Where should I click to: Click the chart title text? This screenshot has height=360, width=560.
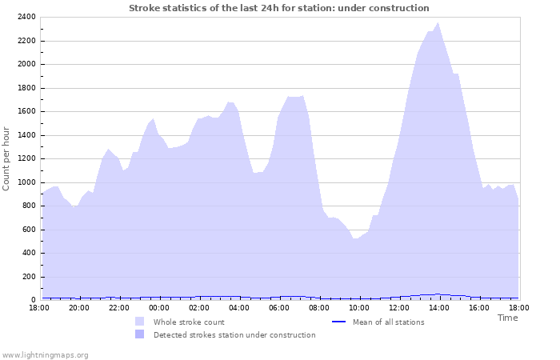pyautogui.click(x=279, y=8)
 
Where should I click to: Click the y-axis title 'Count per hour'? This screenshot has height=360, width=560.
pyautogui.click(x=7, y=158)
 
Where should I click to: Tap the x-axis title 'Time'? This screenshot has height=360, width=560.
pyautogui.click(x=507, y=318)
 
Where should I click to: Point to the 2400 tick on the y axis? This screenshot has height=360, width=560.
pyautogui.click(x=26, y=17)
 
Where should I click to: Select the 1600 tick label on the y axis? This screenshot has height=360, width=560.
pyautogui.click(x=26, y=111)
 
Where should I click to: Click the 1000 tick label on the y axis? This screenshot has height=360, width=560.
pyautogui.click(x=26, y=182)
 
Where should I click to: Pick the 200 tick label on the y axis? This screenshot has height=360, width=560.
pyautogui.click(x=28, y=277)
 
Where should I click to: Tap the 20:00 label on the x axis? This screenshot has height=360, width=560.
pyautogui.click(x=79, y=307)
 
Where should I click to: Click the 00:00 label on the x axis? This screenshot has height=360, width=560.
pyautogui.click(x=159, y=307)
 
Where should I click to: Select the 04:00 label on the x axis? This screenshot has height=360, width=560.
pyautogui.click(x=239, y=307)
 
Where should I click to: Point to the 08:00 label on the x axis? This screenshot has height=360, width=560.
pyautogui.click(x=319, y=307)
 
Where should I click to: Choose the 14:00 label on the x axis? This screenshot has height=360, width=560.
pyautogui.click(x=439, y=307)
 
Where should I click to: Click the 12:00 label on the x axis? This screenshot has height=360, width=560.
pyautogui.click(x=399, y=307)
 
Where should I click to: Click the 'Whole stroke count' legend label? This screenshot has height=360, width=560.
pyautogui.click(x=190, y=322)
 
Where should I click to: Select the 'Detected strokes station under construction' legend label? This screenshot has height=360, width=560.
pyautogui.click(x=234, y=335)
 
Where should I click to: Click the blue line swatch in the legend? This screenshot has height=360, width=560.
pyautogui.click(x=338, y=322)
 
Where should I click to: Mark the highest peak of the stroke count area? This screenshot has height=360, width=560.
pyautogui.click(x=438, y=23)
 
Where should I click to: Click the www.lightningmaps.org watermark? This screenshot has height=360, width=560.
pyautogui.click(x=45, y=354)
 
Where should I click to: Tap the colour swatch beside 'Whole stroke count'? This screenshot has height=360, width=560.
pyautogui.click(x=140, y=322)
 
